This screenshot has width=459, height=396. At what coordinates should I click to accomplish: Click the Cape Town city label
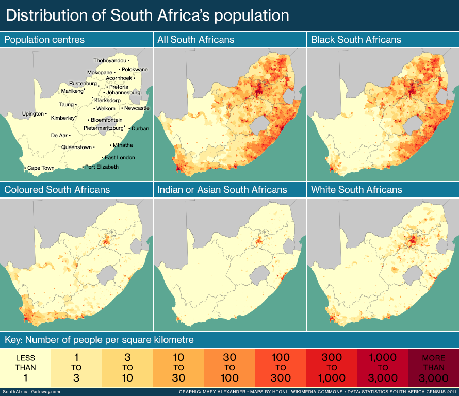tap(41, 168)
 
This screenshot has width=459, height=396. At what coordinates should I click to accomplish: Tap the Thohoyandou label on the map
tap(110, 61)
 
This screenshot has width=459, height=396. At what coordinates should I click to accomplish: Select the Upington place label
tap(33, 113)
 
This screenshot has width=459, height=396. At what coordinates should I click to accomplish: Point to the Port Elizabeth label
tap(102, 167)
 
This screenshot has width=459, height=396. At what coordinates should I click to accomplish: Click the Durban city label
tap(140, 128)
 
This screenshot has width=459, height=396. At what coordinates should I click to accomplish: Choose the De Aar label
tap(59, 135)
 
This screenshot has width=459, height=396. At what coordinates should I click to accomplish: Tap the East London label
tap(120, 158)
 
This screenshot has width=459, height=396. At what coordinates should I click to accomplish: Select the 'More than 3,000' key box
tap(433, 368)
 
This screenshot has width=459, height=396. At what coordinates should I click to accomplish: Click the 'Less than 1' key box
tap(25, 368)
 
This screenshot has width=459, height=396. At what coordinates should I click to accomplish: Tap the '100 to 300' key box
tap(281, 368)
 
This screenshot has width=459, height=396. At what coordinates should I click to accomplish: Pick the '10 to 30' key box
tap(178, 368)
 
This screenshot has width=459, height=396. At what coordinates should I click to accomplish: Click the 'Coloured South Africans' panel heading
tap(57, 190)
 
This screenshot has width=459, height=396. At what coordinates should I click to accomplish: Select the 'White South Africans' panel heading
tap(356, 190)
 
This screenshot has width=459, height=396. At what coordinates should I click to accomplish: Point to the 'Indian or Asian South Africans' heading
tap(222, 190)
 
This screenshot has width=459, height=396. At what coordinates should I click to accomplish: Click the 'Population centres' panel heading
tap(44, 40)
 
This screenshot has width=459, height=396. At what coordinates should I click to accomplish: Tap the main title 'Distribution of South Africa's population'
tap(147, 15)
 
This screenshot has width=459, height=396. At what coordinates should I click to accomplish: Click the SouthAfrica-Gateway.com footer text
tap(31, 392)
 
